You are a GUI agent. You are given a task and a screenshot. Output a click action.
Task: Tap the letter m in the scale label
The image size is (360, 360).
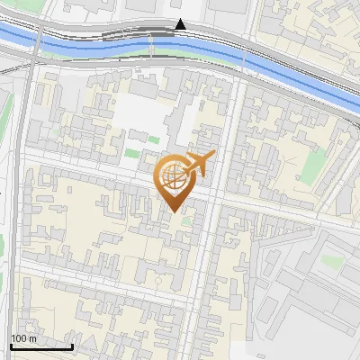tap(34, 338)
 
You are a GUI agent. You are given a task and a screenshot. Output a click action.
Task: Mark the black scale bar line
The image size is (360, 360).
tap(41, 346)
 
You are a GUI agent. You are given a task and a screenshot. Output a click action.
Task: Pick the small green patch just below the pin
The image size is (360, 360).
tap(186, 220)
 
